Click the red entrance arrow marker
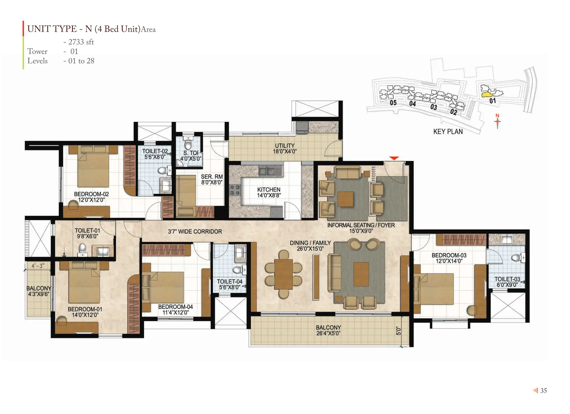(x=394, y=158)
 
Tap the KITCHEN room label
(x=269, y=190)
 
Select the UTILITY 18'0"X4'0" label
(x=285, y=148)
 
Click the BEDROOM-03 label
(x=449, y=255)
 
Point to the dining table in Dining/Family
(x=284, y=274)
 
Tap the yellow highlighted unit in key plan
(x=488, y=94)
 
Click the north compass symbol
(x=497, y=121)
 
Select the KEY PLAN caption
(x=448, y=131)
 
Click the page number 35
(x=543, y=390)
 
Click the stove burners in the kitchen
(x=235, y=190)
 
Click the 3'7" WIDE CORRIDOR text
(x=195, y=231)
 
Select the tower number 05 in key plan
(x=393, y=103)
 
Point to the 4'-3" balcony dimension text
(x=38, y=266)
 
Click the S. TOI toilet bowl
(x=188, y=145)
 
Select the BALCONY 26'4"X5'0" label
(x=328, y=330)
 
